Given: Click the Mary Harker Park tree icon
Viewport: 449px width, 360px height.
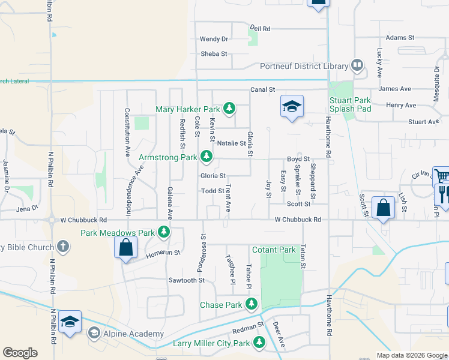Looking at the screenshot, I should [229, 109].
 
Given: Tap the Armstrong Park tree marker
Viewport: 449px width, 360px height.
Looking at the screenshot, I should [206, 157].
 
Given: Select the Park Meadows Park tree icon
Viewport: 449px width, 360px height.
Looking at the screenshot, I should [163, 232].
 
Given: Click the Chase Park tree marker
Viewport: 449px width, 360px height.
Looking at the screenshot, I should [251, 305].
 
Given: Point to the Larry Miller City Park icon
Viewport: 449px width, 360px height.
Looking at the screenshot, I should [259, 343].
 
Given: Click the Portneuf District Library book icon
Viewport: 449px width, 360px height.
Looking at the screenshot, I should [357, 65].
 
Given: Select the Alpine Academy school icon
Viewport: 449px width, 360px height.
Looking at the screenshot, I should [94, 333].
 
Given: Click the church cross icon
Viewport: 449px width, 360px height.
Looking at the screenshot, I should [63, 247].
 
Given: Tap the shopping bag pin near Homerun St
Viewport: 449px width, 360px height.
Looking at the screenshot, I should [126, 247].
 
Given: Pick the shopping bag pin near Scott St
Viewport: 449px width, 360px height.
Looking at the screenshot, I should [384, 208].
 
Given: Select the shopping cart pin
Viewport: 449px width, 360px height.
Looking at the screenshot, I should [441, 176].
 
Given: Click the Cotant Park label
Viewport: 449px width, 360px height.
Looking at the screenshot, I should [274, 250].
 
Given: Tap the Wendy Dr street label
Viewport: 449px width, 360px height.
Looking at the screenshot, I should [214, 39].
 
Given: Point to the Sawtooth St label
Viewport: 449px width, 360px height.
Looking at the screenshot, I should [187, 280].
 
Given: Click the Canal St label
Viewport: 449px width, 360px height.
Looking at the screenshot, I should [263, 89].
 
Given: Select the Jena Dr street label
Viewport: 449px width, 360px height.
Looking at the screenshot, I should [27, 208].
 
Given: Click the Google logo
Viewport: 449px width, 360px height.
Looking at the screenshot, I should [20, 353].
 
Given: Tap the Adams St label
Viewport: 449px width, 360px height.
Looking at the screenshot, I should [400, 37].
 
